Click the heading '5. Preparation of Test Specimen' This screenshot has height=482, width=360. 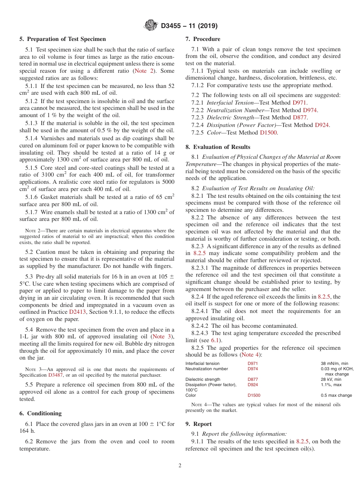(x=63, y=39)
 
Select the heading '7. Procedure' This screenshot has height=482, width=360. (x=203, y=39)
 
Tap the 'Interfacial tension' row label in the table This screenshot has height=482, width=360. (x=202, y=363)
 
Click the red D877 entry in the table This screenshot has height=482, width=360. (x=253, y=379)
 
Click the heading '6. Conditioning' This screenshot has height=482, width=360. (x=41, y=413)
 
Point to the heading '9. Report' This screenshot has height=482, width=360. (x=199, y=424)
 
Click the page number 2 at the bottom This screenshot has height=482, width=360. (x=180, y=466)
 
